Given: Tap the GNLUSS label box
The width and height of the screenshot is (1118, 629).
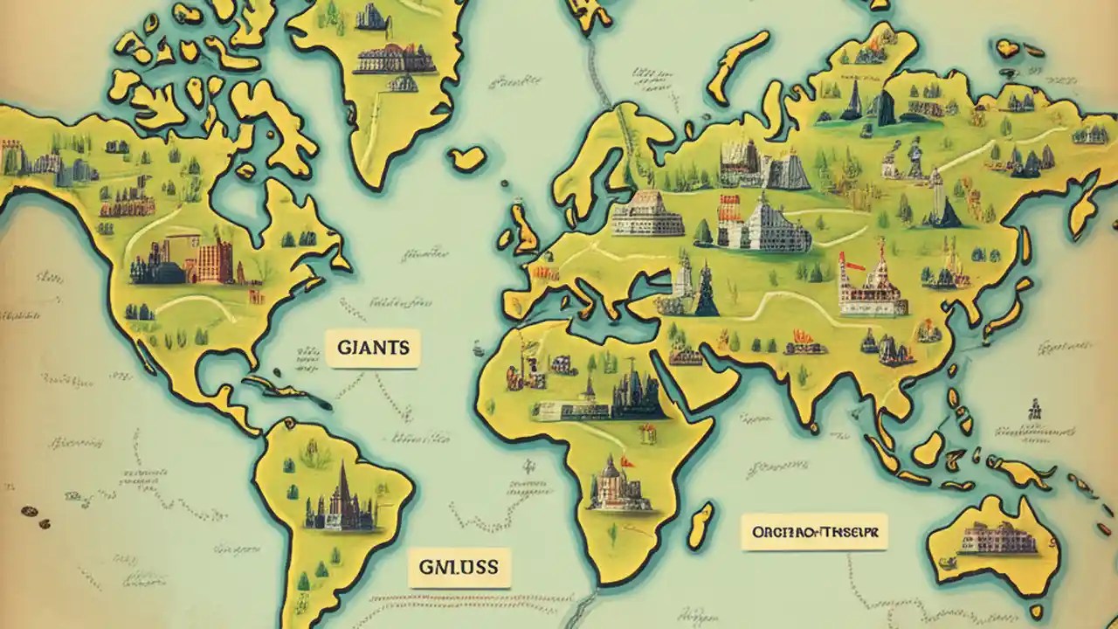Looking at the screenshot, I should point(459,567).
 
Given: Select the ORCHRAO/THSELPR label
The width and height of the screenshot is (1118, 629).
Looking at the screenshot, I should point(813,532).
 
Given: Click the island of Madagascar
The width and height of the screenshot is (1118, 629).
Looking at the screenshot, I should point(700,526).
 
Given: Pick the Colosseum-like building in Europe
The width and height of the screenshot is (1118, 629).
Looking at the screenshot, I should point(647,213).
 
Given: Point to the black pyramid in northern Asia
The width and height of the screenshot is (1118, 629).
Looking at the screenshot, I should point(885,108).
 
